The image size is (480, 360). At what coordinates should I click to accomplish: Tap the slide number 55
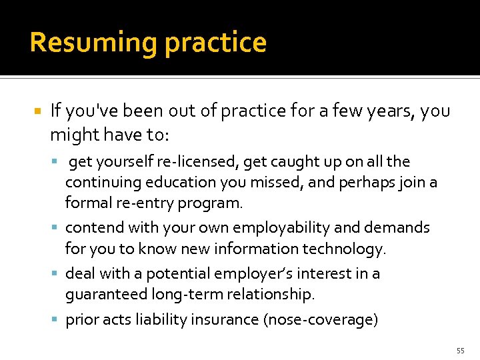click(x=460, y=351)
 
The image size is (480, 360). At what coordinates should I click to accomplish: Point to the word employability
click(x=279, y=228)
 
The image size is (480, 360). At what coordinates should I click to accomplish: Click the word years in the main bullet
click(x=387, y=111)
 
